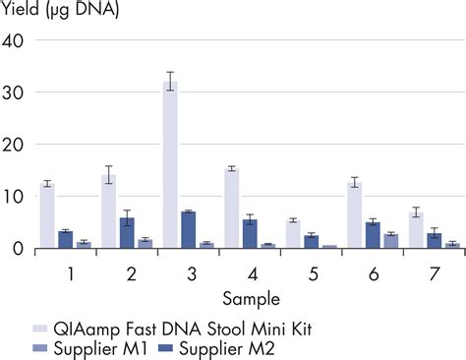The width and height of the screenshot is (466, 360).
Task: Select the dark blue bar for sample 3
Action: [x=188, y=230]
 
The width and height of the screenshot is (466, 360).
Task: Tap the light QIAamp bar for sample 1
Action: [x=47, y=215]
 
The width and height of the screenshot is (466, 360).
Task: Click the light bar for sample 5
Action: [x=292, y=234]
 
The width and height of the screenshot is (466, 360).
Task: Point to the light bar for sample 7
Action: [x=416, y=230]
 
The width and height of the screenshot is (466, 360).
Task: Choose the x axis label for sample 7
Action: [x=434, y=270]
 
